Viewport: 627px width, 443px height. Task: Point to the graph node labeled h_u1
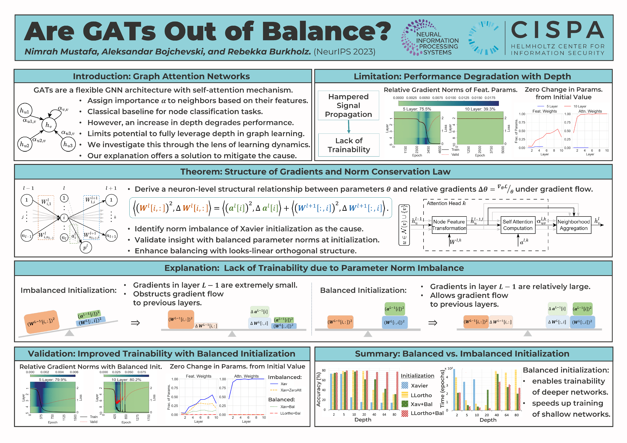coord(25,111)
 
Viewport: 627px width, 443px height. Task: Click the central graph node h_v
coord(49,125)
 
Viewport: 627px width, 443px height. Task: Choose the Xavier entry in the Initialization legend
coord(419,385)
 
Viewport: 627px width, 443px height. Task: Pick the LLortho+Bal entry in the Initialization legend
coord(427,413)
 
